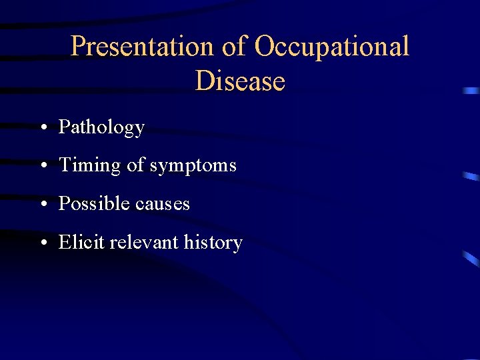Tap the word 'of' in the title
[x=231, y=47]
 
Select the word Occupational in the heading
[x=332, y=47]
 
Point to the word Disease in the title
[x=240, y=81]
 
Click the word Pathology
[x=101, y=127]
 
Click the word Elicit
[x=81, y=242]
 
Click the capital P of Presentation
[x=79, y=47]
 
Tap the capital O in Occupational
[x=265, y=47]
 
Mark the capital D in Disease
[x=205, y=81]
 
